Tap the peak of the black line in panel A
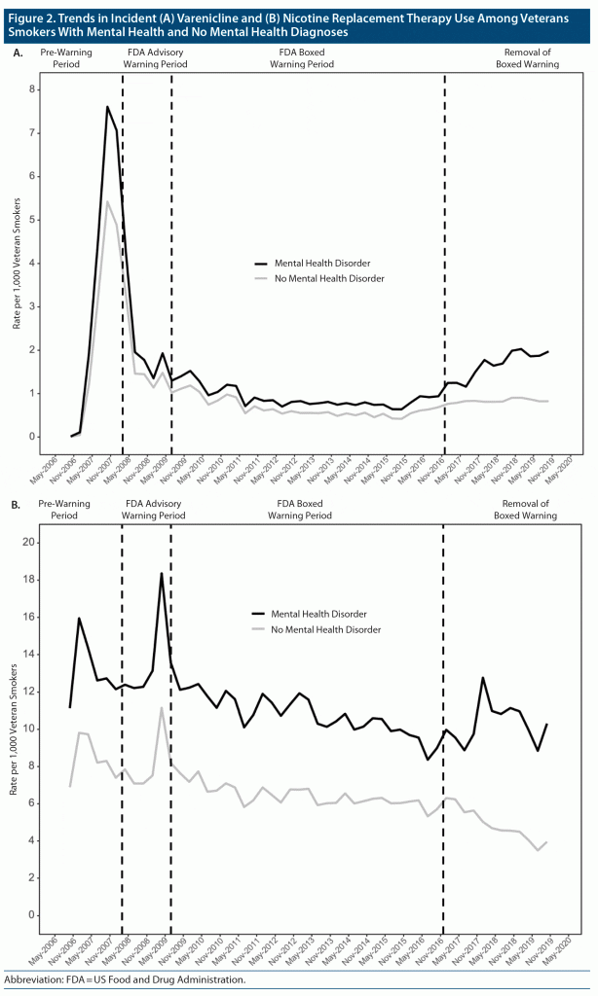107,106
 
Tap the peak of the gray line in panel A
107,201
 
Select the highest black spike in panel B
162,573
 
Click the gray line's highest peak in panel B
162,707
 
